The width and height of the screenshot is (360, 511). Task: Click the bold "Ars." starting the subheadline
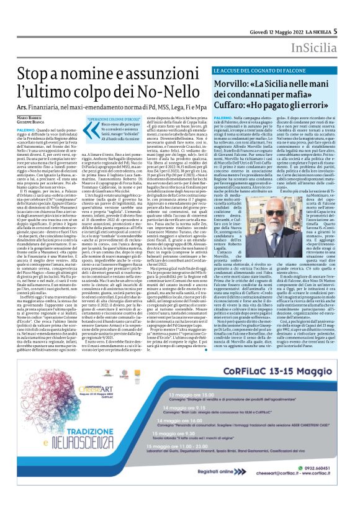24,112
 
